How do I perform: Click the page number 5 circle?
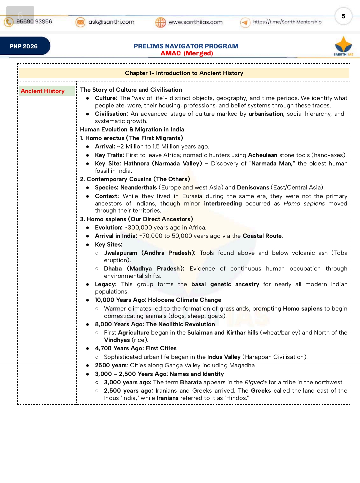343,16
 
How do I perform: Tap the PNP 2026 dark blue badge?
24,46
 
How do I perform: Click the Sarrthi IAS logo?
343,46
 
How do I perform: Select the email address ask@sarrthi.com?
111,22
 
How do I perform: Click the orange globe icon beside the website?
161,22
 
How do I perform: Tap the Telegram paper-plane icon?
245,22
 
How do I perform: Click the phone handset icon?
9,22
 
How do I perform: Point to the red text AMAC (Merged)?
187,53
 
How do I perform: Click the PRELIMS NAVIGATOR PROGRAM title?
186,46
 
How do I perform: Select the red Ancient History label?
43,91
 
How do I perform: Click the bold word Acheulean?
263,155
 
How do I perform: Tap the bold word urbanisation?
266,114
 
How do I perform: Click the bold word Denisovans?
253,187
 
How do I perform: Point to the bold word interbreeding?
223,203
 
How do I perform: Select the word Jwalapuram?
121,253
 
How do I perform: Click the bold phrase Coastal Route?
262,236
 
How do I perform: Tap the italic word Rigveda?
256,382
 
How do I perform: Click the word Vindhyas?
117,340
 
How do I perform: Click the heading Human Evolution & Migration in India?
132,129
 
